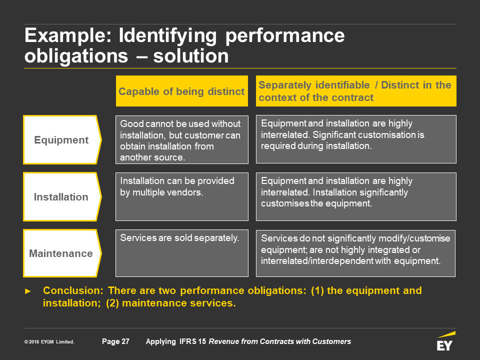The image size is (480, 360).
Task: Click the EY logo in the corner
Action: [445, 341]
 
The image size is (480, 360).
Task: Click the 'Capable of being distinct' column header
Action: [182, 91]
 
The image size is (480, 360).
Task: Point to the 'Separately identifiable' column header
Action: [356, 91]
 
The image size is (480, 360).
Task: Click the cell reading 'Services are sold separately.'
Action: [182, 253]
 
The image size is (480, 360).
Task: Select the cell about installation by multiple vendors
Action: [182, 196]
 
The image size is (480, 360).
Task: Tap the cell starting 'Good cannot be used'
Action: [182, 139]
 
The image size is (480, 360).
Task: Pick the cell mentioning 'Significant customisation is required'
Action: [356, 139]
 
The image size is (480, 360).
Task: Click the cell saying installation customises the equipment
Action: [356, 196]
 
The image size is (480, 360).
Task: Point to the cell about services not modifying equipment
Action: [355, 253]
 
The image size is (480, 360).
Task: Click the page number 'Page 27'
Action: [115, 341]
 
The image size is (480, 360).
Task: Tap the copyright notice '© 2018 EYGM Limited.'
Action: [49, 341]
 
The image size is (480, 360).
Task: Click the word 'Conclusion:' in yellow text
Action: [73, 290]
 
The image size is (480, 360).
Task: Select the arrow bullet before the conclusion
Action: [28, 291]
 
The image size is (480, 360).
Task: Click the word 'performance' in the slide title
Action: [285, 36]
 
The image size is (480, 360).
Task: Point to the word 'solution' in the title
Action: [190, 56]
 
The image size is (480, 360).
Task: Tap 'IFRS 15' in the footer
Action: [192, 341]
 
